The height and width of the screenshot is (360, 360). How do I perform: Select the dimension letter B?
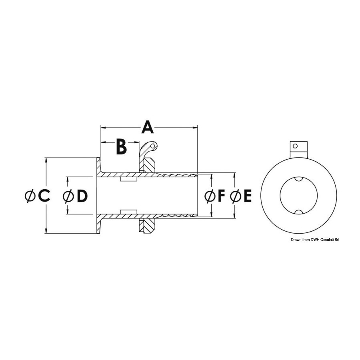pos(122,146)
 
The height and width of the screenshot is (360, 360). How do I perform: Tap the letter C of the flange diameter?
pos(44,196)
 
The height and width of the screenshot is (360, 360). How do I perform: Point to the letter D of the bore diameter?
pos(82,196)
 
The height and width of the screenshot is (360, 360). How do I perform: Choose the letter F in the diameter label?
pos(221,196)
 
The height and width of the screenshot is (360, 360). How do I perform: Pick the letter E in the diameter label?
pos(247,196)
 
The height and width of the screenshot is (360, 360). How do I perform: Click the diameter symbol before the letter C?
pos(30,196)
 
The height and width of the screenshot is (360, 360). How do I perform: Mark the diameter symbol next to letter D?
pos(68,196)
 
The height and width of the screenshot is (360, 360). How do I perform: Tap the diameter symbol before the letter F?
pos(209,196)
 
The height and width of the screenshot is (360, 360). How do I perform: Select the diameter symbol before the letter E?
pos(235,196)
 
